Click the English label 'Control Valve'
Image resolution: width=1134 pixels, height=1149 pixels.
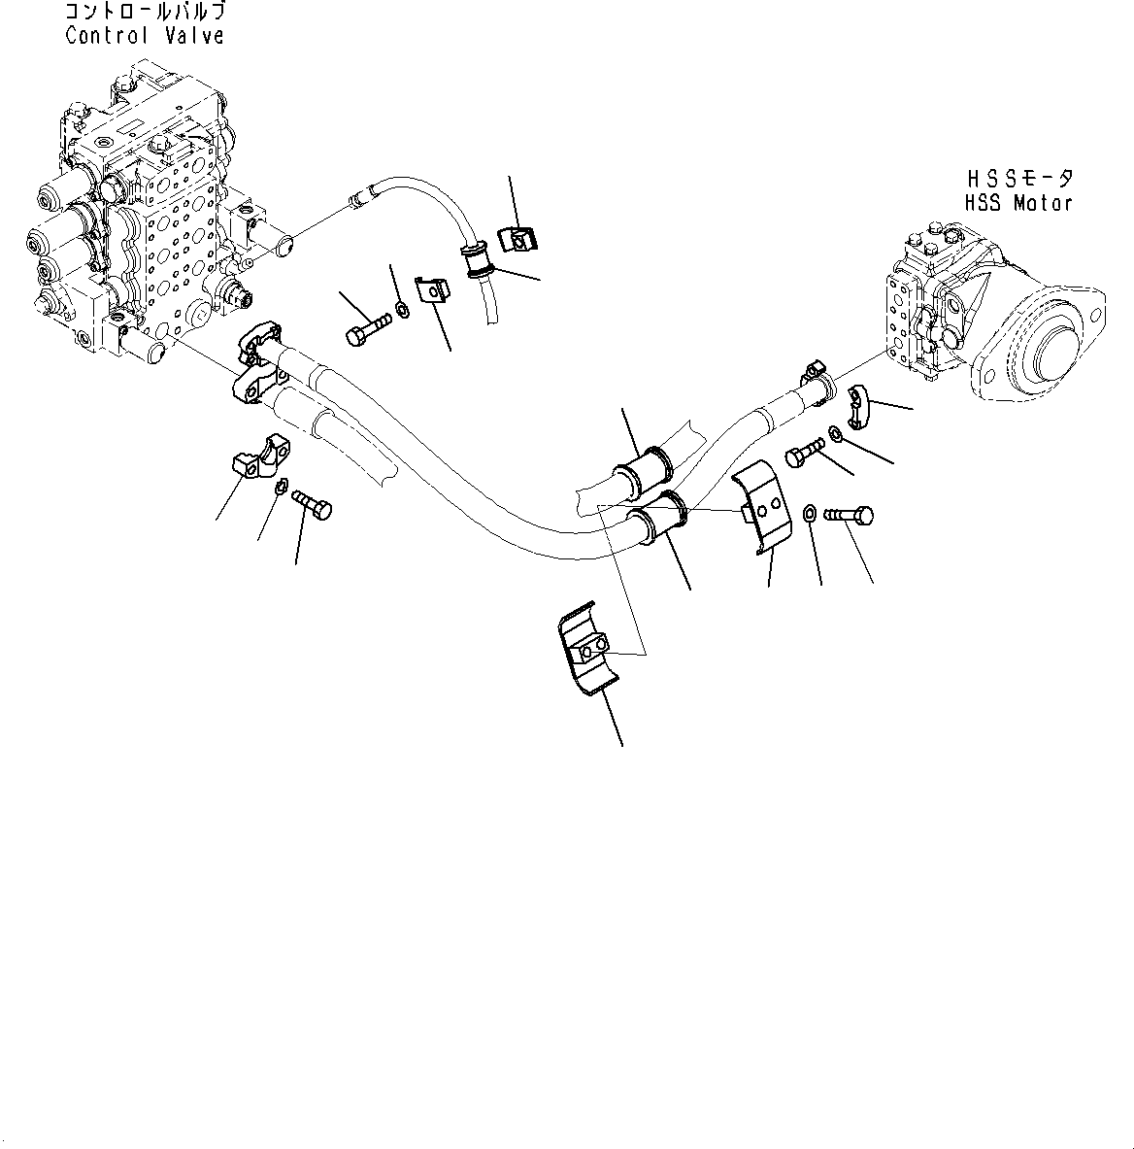145,36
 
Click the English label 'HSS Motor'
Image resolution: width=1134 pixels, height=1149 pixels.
1018,203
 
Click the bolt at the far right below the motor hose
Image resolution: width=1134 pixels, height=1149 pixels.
850,517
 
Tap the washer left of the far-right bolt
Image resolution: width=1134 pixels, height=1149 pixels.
809,512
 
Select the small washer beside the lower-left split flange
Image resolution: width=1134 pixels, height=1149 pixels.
279,488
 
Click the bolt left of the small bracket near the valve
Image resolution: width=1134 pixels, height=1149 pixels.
364,328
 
